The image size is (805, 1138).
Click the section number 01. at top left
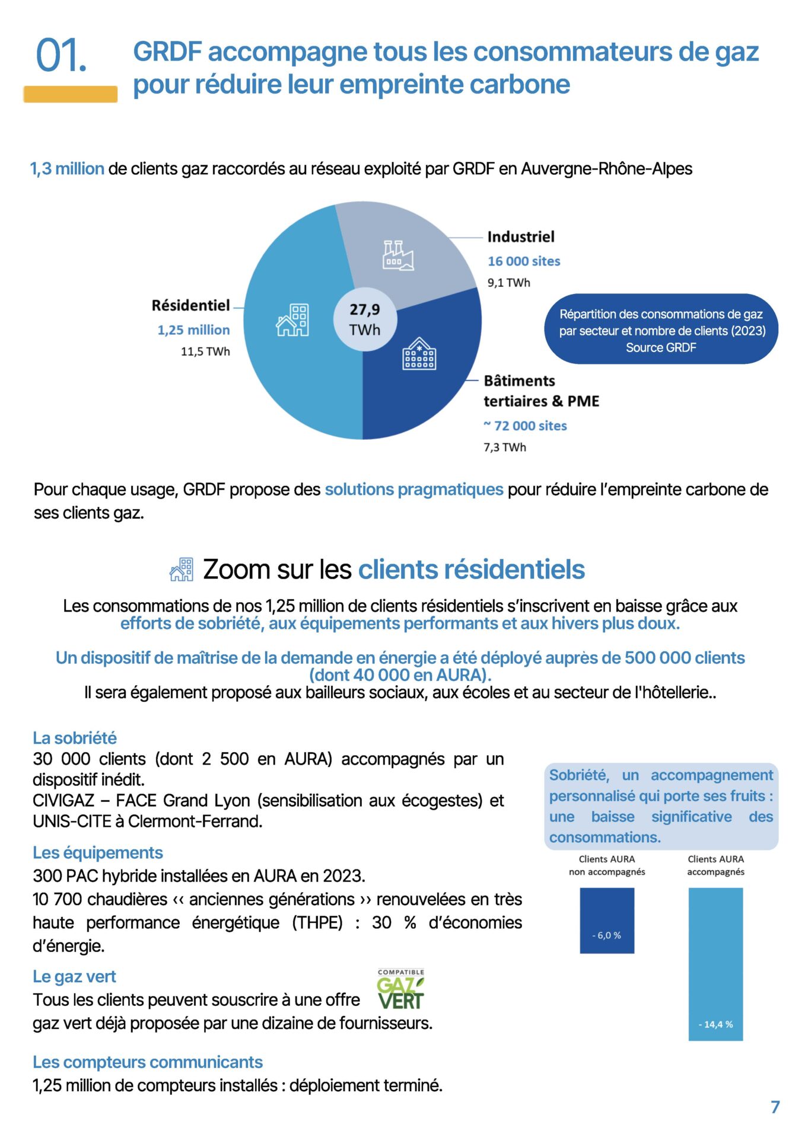click(x=61, y=56)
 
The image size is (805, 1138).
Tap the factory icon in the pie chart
click(x=397, y=255)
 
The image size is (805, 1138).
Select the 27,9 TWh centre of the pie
click(x=365, y=319)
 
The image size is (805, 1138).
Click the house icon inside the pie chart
click(x=292, y=321)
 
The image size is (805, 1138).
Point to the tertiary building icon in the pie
click(x=419, y=354)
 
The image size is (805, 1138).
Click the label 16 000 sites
click(x=524, y=261)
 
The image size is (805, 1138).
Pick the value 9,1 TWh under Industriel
click(x=508, y=283)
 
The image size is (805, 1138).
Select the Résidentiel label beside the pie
click(x=190, y=305)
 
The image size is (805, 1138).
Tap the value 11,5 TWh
click(x=205, y=351)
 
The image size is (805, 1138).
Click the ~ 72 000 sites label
click(x=525, y=426)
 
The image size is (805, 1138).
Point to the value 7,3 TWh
click(x=504, y=447)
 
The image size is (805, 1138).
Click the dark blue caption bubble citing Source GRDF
click(x=661, y=330)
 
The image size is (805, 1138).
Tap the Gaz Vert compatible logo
click(x=401, y=989)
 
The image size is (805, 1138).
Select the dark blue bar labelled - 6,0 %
click(x=606, y=920)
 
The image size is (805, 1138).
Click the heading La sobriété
click(x=75, y=738)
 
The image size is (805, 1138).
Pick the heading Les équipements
click(x=98, y=852)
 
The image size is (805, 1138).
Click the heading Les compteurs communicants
click(x=148, y=1062)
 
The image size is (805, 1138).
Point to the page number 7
click(x=775, y=1107)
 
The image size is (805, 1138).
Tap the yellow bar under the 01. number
click(x=71, y=94)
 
